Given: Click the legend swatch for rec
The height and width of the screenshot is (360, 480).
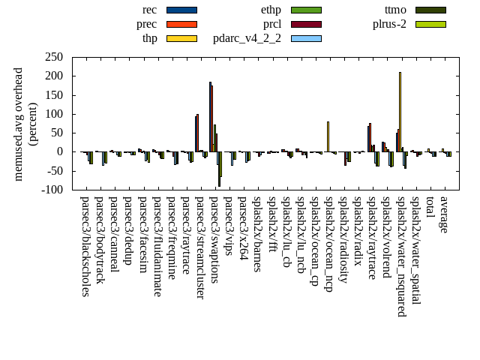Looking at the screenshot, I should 181,10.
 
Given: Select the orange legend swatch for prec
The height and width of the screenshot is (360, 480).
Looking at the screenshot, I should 181,24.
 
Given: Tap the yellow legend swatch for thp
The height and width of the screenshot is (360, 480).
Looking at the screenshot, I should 181,38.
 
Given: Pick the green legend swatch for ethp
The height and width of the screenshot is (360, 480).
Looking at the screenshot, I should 306,10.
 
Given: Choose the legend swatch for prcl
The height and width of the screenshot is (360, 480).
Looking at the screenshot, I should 306,24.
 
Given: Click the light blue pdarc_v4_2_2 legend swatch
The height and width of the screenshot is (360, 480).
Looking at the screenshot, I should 306,38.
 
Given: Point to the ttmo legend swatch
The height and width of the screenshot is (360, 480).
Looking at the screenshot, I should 430,10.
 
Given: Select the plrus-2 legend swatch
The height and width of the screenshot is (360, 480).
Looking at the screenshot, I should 430,24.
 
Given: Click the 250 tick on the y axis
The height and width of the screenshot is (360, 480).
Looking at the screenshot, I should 53,57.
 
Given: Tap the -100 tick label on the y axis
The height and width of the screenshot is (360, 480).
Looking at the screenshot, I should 50,190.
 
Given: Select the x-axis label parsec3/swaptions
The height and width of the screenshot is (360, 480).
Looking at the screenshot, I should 214,239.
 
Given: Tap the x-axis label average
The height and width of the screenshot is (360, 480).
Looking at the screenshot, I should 444,214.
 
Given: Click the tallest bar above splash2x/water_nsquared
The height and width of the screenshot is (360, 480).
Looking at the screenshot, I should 400,112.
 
